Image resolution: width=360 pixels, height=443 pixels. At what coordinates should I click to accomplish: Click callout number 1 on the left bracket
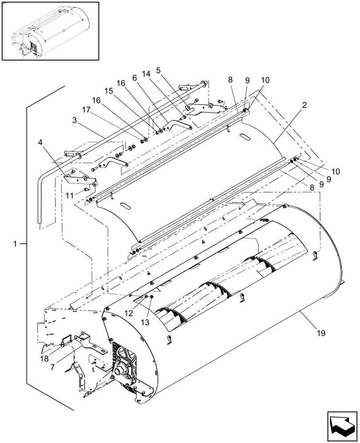point(16,243)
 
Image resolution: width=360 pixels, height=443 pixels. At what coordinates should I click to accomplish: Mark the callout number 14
point(146,74)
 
